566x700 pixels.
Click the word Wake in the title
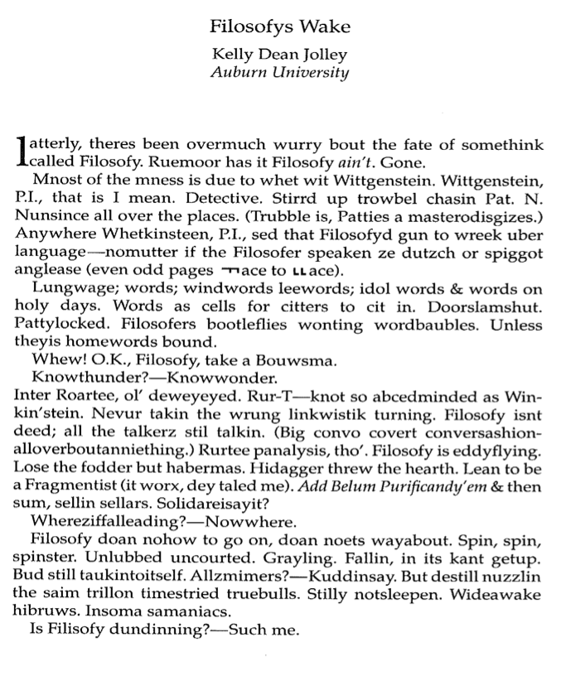(328, 27)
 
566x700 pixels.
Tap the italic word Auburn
(248, 72)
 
